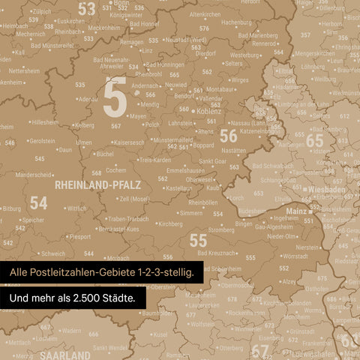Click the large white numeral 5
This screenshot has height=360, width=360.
(114, 97)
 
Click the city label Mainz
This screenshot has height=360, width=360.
(295, 212)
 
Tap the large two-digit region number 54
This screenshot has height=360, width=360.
(38, 202)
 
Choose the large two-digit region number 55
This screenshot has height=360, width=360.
(198, 240)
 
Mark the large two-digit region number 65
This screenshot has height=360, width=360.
(314, 140)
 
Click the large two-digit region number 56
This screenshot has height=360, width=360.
(228, 135)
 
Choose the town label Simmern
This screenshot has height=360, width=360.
(190, 213)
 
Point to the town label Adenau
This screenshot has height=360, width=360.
(88, 98)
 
